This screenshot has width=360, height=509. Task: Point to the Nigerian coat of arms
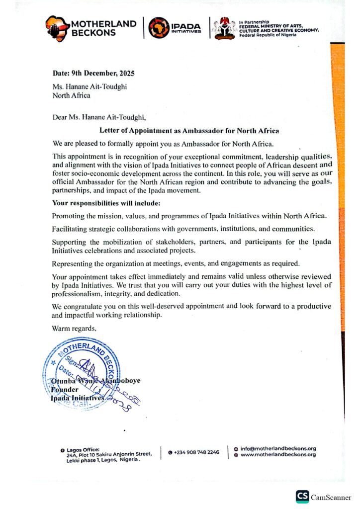pyautogui.click(x=224, y=28)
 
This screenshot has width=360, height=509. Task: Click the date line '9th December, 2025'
pyautogui.click(x=93, y=74)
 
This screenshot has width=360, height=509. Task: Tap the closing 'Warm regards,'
pyautogui.click(x=74, y=329)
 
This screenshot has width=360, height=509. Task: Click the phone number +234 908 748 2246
pyautogui.click(x=196, y=452)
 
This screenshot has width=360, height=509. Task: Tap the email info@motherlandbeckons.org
pyautogui.click(x=278, y=448)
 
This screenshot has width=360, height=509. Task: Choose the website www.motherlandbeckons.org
pyautogui.click(x=278, y=455)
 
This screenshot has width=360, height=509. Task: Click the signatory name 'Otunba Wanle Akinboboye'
pyautogui.click(x=96, y=381)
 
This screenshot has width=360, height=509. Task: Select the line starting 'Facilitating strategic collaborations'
pyautogui.click(x=182, y=228)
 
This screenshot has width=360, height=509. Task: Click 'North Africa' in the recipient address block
pyautogui.click(x=72, y=95)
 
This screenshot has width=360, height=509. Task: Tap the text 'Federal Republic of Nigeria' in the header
pyautogui.click(x=267, y=34)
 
